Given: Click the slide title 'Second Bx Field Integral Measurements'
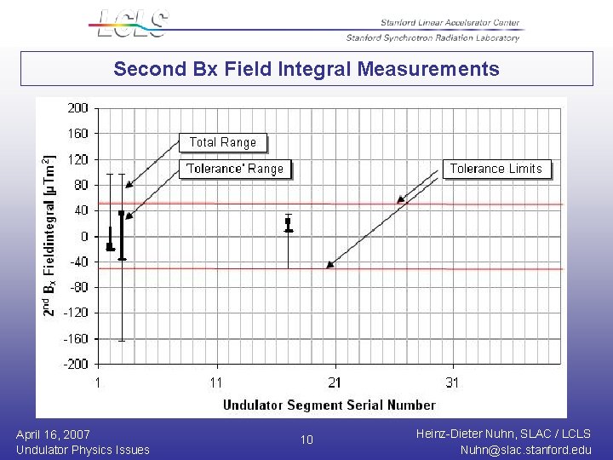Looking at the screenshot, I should [x=306, y=69].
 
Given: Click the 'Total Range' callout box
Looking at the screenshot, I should [x=222, y=143].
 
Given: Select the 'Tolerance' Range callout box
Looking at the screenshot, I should [x=234, y=169].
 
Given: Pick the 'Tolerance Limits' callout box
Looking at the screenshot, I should [x=496, y=169].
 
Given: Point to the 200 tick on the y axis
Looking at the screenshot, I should [x=77, y=108].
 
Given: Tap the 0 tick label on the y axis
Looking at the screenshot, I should [x=83, y=236].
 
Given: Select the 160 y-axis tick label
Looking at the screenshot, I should [x=77, y=134].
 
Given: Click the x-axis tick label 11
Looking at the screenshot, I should [x=216, y=383].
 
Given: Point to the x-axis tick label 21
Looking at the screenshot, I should [x=335, y=383].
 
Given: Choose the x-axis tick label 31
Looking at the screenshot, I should [x=452, y=383].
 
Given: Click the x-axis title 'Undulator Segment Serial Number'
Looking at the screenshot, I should [x=329, y=405].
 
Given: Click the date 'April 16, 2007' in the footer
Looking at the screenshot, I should [x=53, y=434].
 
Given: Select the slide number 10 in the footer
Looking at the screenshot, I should [x=306, y=440].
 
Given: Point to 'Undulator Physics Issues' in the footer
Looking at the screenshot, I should [x=83, y=450].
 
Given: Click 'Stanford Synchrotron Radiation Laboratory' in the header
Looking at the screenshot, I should [x=433, y=37].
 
